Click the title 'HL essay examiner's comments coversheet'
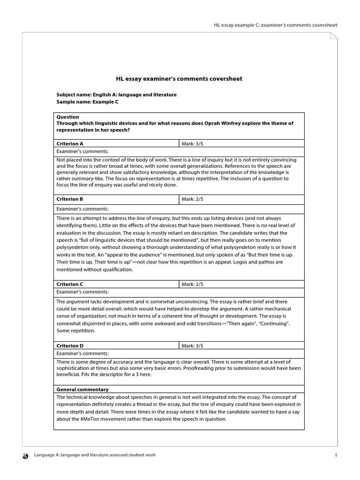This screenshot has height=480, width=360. click(x=179, y=79)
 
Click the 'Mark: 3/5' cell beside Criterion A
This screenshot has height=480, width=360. click(x=241, y=144)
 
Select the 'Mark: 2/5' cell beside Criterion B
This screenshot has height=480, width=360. click(x=241, y=199)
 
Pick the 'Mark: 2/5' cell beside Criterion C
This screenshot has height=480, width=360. click(x=241, y=284)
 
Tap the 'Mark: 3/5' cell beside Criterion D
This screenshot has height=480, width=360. click(x=241, y=345)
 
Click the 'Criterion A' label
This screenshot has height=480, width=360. click(x=70, y=144)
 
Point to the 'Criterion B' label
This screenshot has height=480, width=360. click(x=70, y=199)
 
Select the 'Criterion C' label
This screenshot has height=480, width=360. click(x=70, y=284)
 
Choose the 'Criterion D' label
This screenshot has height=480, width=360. click(x=70, y=345)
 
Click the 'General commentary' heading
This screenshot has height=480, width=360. click(x=82, y=390)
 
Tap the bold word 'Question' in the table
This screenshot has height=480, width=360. click(x=68, y=117)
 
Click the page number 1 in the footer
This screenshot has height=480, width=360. click(x=336, y=455)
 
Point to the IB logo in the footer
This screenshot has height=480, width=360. click(x=25, y=455)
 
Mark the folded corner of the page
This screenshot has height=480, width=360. click(x=333, y=37)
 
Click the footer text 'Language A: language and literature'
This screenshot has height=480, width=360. click(x=95, y=455)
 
